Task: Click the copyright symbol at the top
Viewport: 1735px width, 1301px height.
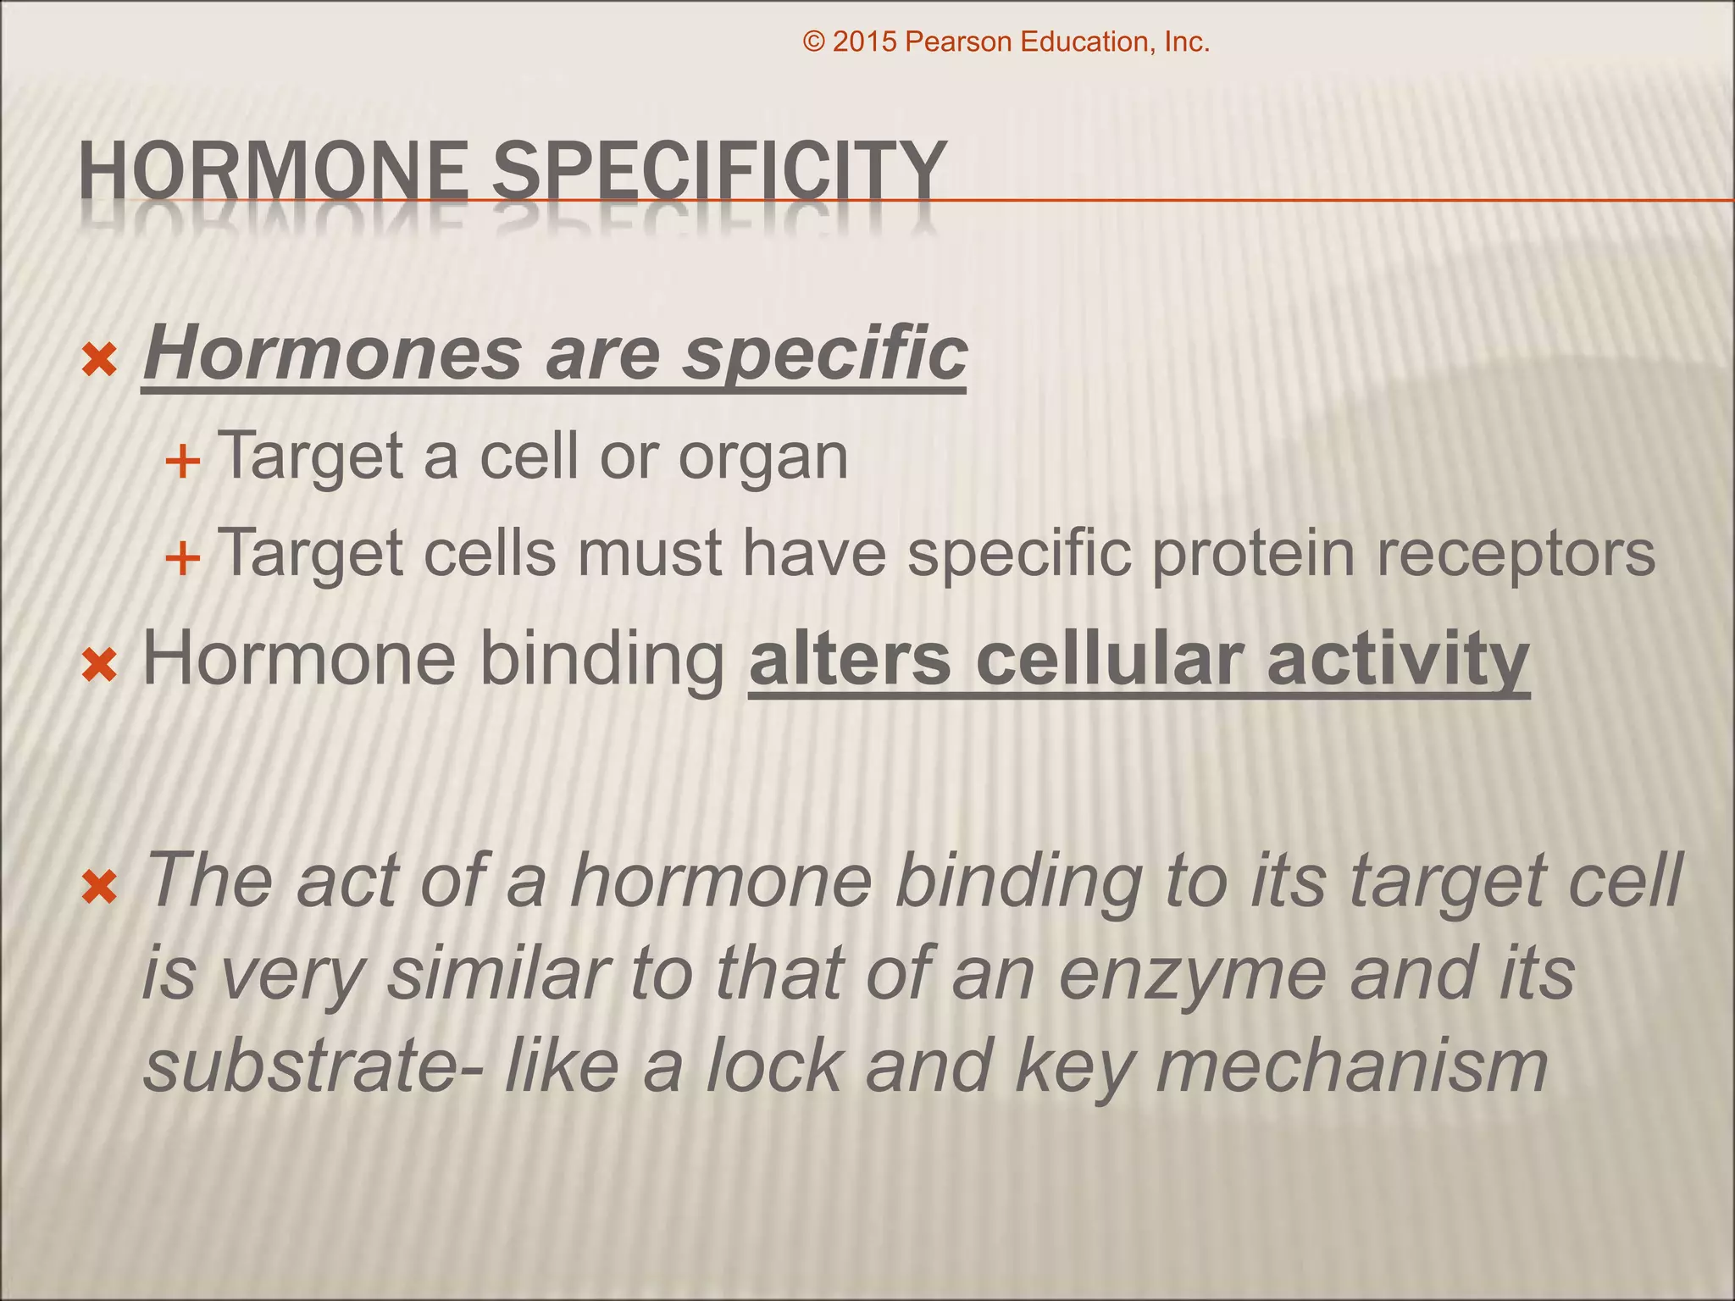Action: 813,42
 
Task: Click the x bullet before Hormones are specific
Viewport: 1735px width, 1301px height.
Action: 99,362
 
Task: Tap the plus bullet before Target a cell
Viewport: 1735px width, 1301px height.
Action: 182,462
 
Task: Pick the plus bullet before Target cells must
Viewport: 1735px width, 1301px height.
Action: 182,559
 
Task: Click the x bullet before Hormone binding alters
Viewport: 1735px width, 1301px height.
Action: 99,666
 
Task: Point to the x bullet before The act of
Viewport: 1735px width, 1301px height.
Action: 99,889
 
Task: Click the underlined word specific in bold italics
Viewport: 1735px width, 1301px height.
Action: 825,354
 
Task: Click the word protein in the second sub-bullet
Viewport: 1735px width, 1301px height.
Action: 1254,554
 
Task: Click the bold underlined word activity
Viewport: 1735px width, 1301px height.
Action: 1398,661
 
